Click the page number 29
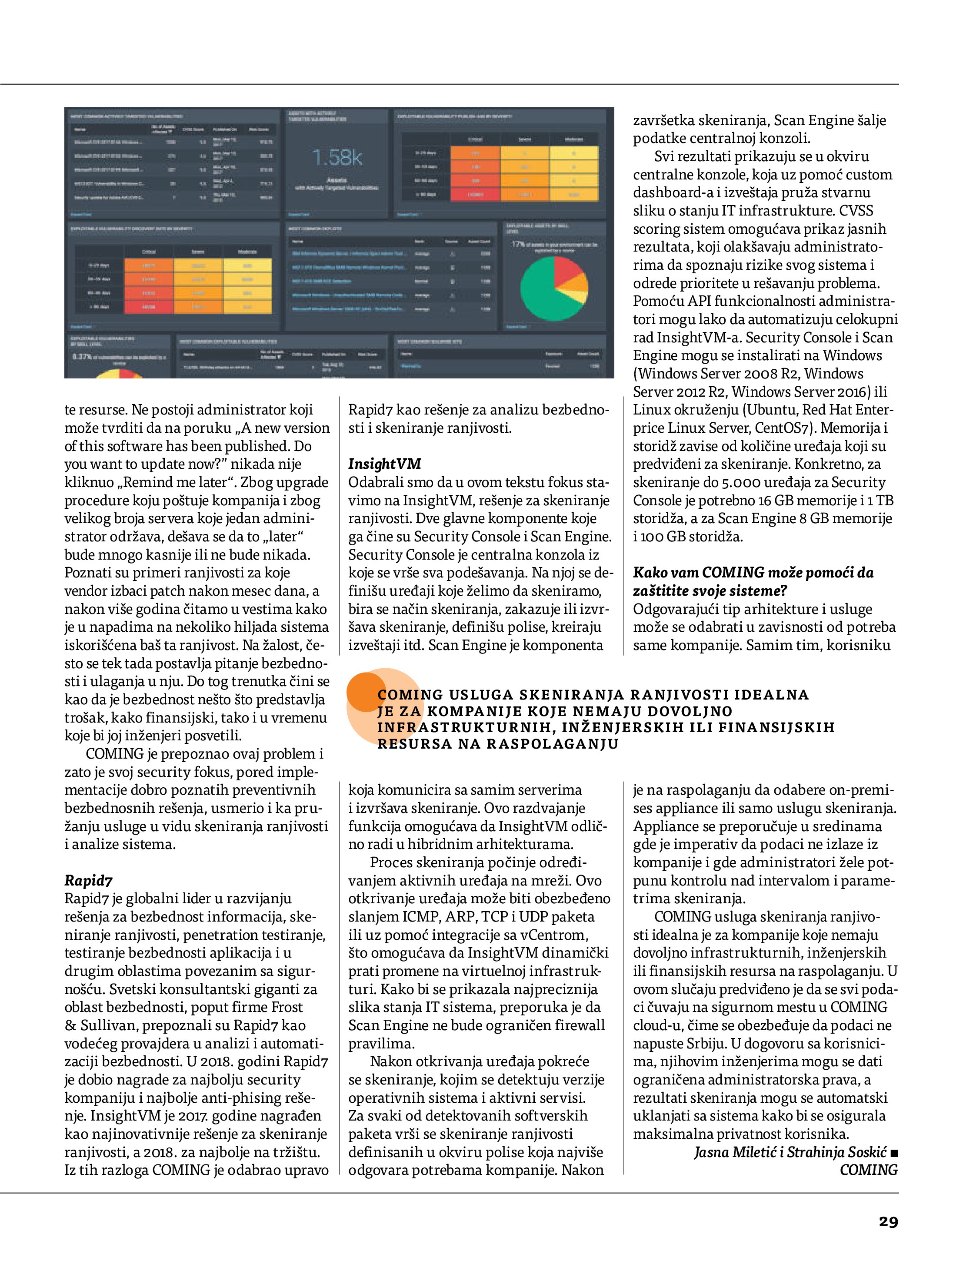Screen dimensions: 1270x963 [x=888, y=1221]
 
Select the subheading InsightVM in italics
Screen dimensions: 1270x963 [x=384, y=464]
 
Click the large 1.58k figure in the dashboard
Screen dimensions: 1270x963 [x=337, y=157]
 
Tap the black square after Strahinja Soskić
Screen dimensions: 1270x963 [x=893, y=1152]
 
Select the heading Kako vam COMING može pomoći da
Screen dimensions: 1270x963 [x=753, y=572]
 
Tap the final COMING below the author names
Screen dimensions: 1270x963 [x=868, y=1170]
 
